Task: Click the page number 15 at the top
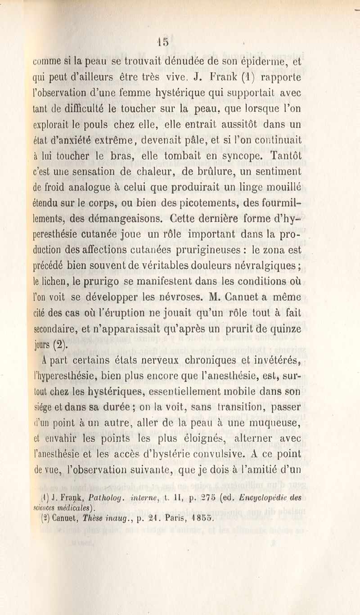click(x=163, y=41)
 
